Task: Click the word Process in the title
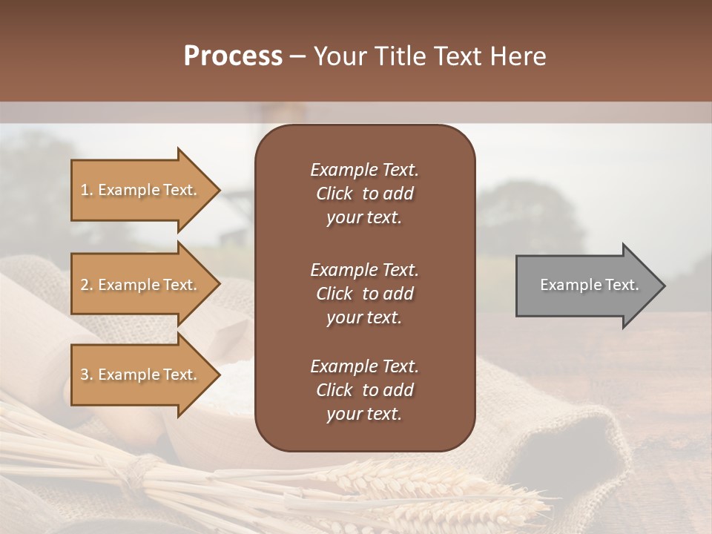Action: (x=233, y=56)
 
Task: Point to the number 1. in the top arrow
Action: (x=87, y=190)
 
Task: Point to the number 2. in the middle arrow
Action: (x=87, y=285)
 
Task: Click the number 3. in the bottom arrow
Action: (x=87, y=375)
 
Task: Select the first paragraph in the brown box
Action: (x=364, y=194)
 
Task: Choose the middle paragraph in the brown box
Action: (x=364, y=294)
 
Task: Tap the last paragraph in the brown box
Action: (x=364, y=390)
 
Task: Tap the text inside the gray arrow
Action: (x=590, y=285)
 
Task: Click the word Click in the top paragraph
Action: (x=334, y=194)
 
